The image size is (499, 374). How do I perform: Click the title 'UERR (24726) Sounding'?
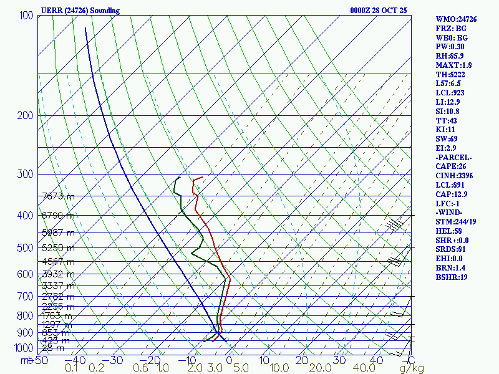(80, 11)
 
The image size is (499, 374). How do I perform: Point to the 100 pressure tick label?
(26, 15)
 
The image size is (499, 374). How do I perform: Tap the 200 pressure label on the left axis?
(26, 115)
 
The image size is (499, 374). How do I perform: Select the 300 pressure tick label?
(26, 174)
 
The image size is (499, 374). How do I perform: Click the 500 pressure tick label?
(26, 248)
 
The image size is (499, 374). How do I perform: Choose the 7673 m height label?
(58, 196)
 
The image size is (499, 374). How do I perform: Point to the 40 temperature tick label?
(376, 360)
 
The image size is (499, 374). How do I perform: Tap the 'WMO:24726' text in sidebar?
(456, 19)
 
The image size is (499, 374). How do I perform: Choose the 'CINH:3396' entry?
(455, 176)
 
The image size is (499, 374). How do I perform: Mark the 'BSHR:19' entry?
(452, 277)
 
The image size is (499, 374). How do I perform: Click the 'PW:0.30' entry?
(451, 47)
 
